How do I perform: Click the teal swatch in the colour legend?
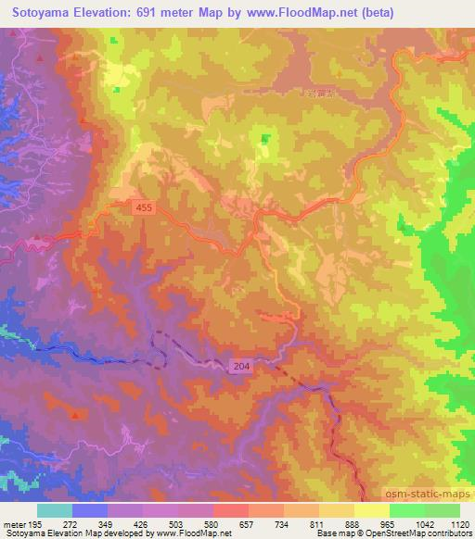click(x=54, y=510)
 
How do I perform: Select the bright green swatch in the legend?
click(x=407, y=510)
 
